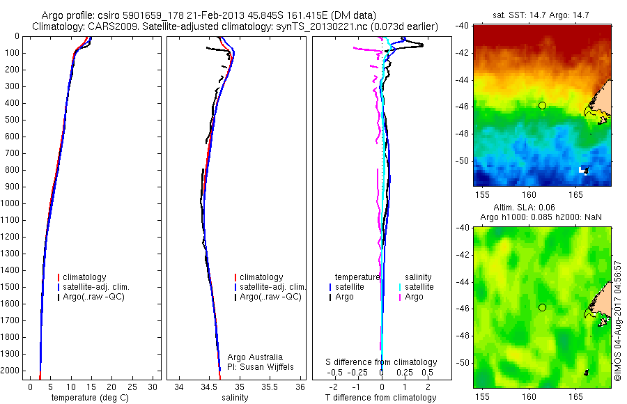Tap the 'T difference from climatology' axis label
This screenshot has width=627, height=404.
(381, 398)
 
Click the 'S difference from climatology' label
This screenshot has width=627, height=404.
(382, 362)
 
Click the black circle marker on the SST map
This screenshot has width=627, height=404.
(542, 105)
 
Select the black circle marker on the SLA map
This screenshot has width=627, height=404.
(542, 307)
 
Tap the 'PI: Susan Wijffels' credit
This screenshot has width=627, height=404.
(261, 367)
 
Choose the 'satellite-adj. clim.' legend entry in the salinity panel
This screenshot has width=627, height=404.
(272, 287)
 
